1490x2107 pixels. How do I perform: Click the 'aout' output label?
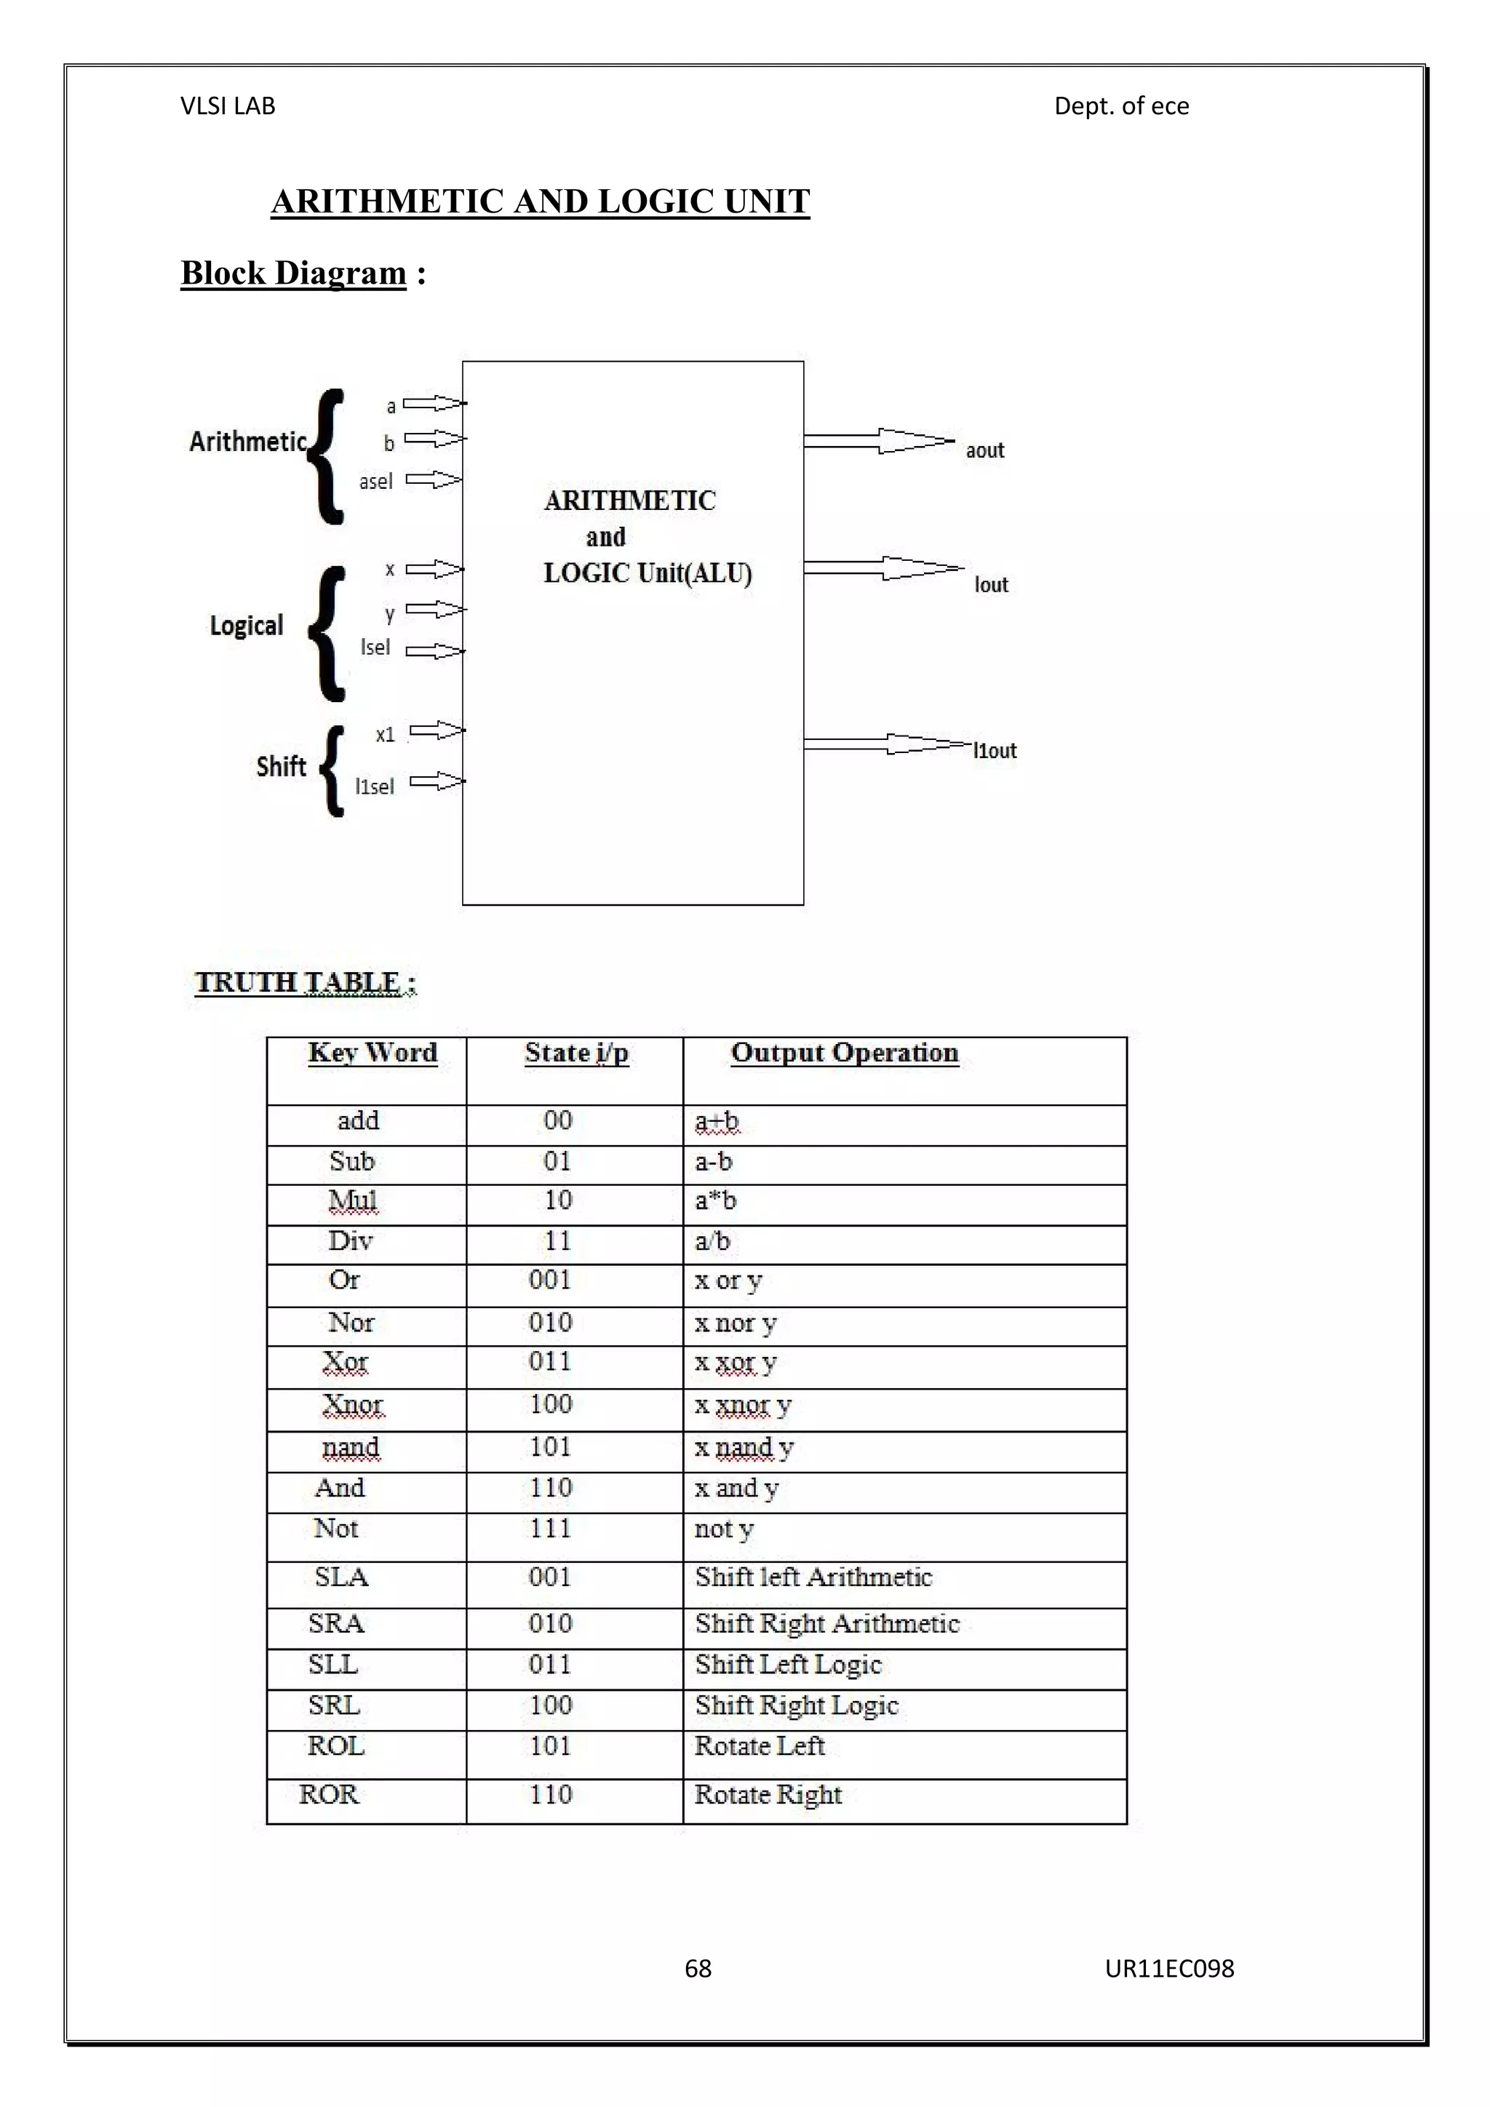(x=984, y=450)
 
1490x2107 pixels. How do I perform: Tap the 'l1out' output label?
(x=995, y=751)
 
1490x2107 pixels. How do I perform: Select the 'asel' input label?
(x=375, y=481)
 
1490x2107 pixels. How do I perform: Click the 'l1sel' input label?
(x=375, y=786)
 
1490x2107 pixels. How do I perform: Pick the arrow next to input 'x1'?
(x=437, y=730)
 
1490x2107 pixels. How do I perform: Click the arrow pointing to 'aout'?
(x=878, y=442)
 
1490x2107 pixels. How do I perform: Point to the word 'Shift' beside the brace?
(x=281, y=766)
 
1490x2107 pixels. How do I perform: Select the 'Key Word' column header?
(x=372, y=1053)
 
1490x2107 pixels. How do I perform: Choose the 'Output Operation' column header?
(x=844, y=1053)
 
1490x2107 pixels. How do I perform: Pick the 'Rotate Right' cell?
(x=768, y=1794)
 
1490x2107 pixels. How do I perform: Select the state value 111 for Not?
(x=551, y=1528)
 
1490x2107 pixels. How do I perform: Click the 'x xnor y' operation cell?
(x=743, y=1405)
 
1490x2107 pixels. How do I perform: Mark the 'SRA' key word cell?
(x=337, y=1623)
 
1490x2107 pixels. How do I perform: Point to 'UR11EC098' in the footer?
(x=1169, y=1967)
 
